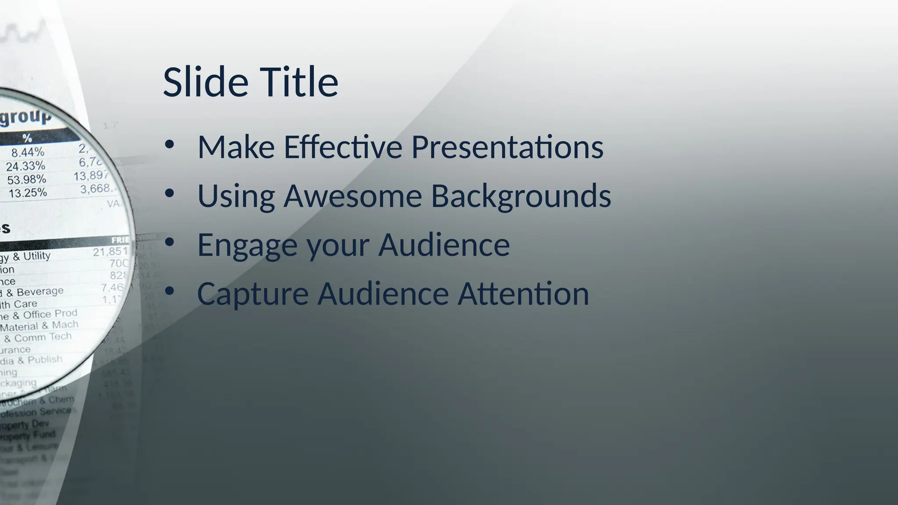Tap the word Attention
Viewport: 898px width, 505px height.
point(524,294)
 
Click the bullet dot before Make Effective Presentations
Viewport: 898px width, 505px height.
point(170,145)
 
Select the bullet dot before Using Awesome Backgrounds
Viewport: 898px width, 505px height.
point(170,193)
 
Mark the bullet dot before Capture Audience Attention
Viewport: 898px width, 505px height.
point(170,291)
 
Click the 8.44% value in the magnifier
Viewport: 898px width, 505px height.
point(28,153)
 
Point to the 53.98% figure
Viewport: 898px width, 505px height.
point(26,180)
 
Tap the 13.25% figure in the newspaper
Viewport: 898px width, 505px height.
point(28,193)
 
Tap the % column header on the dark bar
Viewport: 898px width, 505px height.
point(27,138)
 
